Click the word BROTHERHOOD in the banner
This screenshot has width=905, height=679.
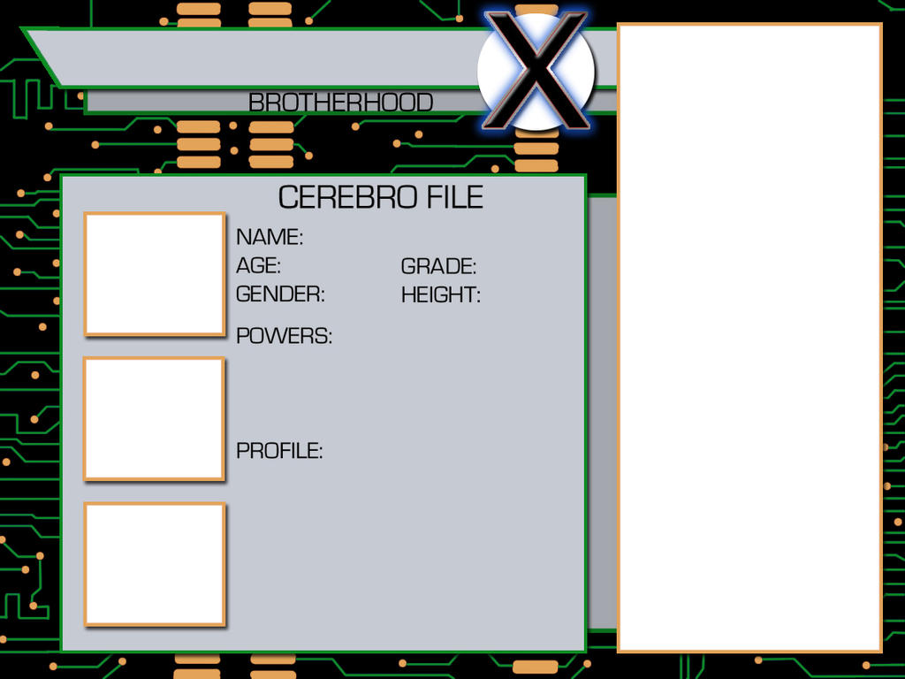point(340,103)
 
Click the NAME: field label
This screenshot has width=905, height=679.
point(270,237)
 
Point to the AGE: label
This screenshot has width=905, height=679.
point(259,265)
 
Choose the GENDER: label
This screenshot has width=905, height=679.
point(280,294)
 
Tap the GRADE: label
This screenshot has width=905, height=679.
point(438,266)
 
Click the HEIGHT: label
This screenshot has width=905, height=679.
point(441,295)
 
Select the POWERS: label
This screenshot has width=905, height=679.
point(284,335)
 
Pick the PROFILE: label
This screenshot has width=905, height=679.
point(279,450)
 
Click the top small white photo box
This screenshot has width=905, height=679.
point(155,274)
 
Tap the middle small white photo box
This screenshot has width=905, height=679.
point(154,418)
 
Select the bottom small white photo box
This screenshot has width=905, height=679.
point(155,564)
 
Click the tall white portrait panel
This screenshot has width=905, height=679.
point(749,338)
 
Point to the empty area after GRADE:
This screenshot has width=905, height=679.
point(529,266)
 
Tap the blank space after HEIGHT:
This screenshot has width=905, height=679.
point(530,295)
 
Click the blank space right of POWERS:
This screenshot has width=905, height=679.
point(456,335)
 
